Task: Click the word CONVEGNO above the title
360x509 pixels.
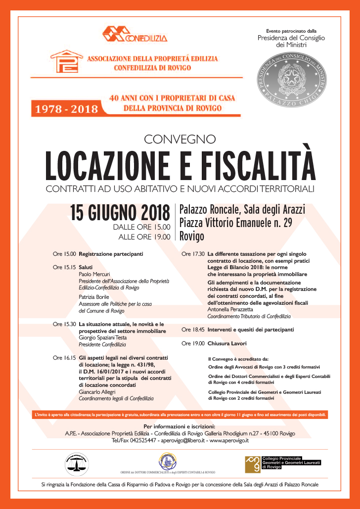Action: (180, 139)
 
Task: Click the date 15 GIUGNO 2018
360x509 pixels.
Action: (120, 213)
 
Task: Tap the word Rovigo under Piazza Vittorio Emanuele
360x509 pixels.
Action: (192, 236)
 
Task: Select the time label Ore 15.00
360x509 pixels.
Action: (64, 254)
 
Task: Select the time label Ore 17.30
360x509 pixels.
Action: (193, 254)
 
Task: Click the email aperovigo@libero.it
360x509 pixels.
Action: (184, 440)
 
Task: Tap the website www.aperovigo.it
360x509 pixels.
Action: (229, 440)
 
